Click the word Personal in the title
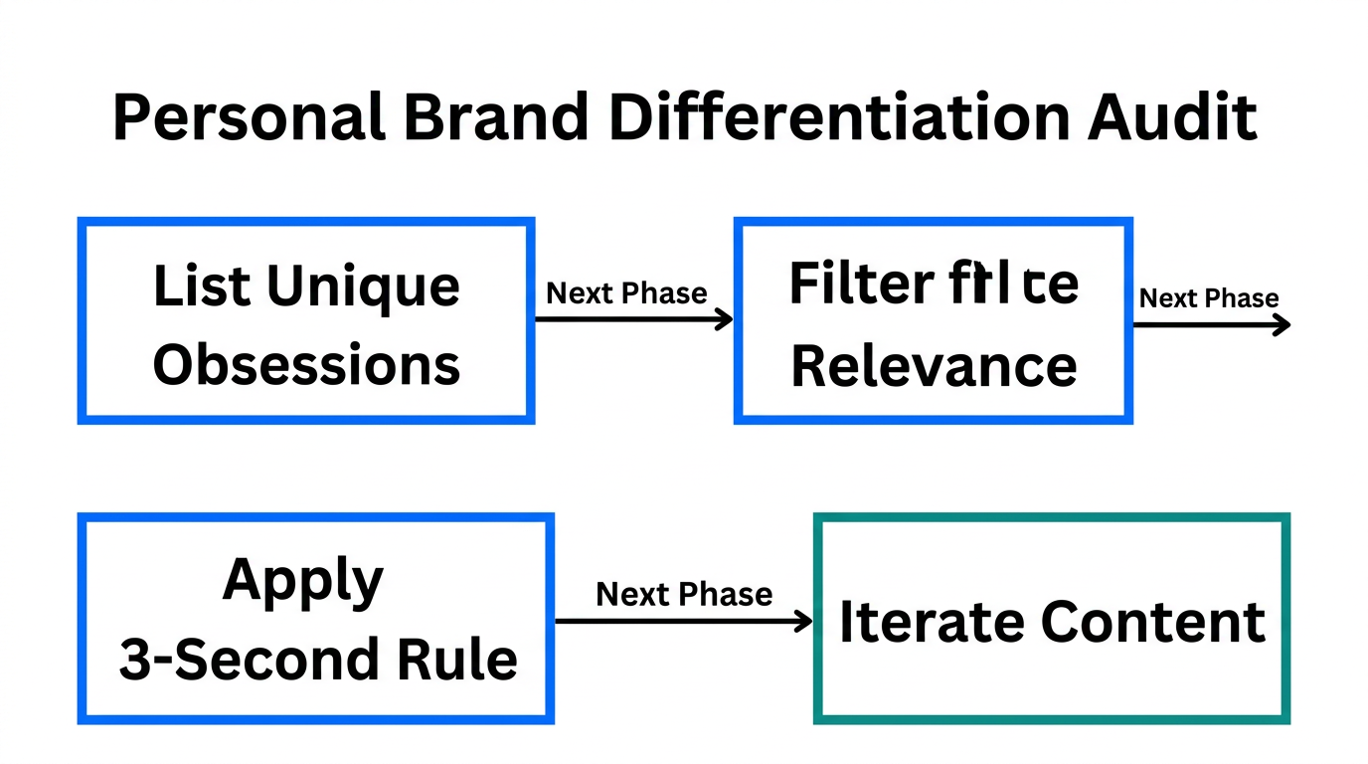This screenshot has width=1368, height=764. [249, 118]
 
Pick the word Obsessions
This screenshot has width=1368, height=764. [306, 364]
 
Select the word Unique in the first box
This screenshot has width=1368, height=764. [363, 286]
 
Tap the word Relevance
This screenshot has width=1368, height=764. [934, 366]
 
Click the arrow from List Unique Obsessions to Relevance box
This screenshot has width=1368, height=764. [633, 319]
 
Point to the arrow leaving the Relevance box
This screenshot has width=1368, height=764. [1211, 323]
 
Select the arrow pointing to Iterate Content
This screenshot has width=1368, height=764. [683, 622]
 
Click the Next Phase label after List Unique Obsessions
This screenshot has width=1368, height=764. [626, 293]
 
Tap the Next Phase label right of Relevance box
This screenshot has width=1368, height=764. [1208, 298]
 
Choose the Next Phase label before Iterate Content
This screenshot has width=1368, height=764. [684, 595]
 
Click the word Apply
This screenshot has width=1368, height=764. [303, 580]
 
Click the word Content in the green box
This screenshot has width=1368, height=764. [1152, 622]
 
